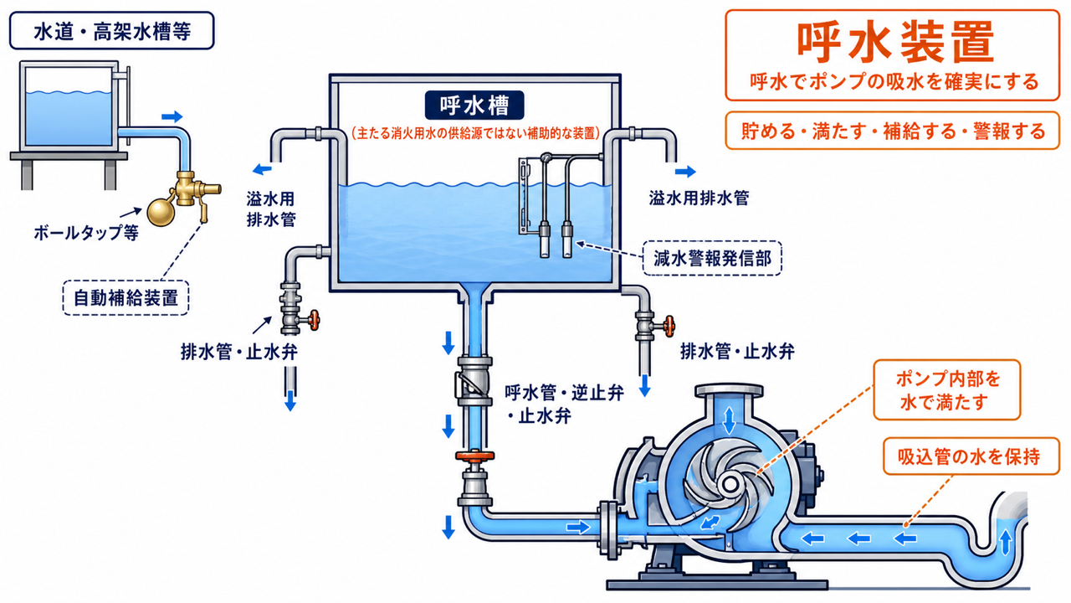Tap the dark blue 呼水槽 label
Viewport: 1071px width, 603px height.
pos(474,106)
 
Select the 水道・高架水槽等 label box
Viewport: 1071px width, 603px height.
pos(112,31)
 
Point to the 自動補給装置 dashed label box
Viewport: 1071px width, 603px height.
pos(126,297)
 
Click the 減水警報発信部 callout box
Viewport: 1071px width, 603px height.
pos(712,259)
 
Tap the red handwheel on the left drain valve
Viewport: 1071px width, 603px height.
pos(314,320)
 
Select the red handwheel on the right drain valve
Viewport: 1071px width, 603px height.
pos(669,327)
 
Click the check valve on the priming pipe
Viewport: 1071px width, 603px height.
pos(474,381)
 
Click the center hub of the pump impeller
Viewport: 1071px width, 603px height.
pos(730,485)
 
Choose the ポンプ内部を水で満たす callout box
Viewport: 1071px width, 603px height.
pos(947,390)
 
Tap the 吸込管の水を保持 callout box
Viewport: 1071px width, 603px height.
pos(971,456)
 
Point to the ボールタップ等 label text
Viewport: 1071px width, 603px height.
pos(86,233)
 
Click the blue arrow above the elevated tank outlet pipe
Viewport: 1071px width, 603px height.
pos(172,116)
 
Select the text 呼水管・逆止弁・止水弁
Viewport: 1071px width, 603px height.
pos(564,405)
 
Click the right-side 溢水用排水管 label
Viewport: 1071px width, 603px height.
pos(699,198)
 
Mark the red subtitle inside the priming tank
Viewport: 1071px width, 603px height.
pos(475,132)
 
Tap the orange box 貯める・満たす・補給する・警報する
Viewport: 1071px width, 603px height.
pos(893,131)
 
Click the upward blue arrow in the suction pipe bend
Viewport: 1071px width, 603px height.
pos(1006,542)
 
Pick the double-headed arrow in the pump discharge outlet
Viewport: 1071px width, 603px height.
pos(729,420)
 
